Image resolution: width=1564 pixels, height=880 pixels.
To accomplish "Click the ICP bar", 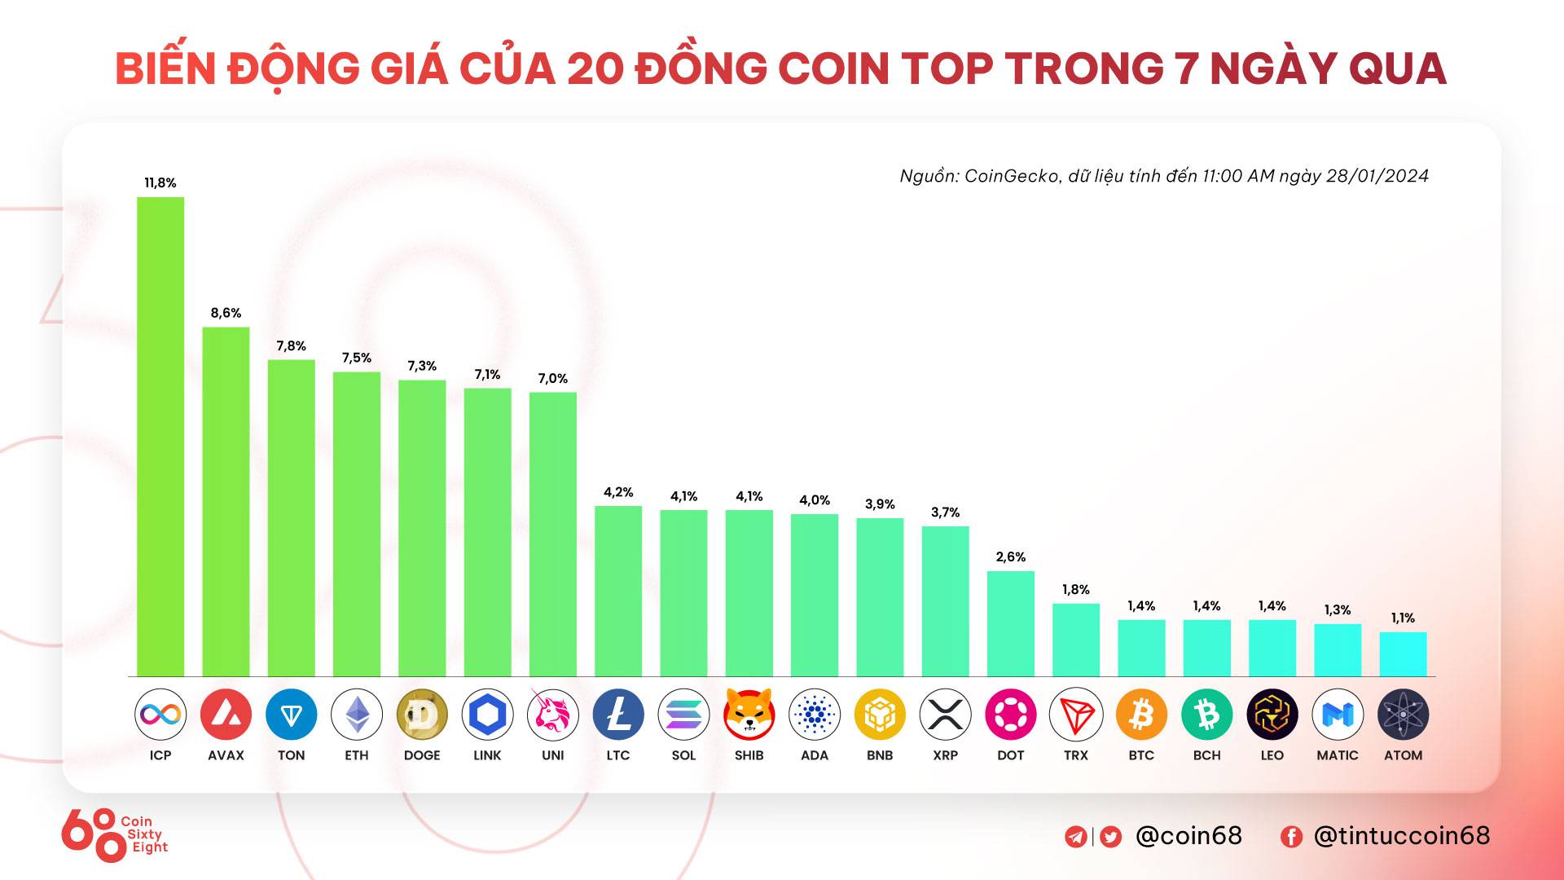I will (160, 436).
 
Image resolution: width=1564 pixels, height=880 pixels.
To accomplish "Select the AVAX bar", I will (226, 501).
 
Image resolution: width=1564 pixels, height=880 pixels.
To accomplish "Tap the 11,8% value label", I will (160, 183).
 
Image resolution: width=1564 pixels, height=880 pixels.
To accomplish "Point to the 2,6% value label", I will (1010, 557).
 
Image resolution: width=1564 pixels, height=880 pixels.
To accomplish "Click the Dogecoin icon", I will (422, 715).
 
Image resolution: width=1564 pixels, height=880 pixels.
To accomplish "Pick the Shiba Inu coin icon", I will (749, 715).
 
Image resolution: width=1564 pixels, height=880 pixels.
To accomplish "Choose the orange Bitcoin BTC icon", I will (1141, 715).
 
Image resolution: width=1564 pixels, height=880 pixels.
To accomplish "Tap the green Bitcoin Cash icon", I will (1206, 715).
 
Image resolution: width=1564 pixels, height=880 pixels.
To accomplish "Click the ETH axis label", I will (357, 755).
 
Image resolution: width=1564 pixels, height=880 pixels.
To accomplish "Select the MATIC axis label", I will (1338, 755).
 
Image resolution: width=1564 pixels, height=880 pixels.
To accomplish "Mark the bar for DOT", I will (1010, 623).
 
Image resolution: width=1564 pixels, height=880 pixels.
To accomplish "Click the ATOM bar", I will (1403, 653).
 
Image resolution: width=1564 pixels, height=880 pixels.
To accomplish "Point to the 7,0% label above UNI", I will (552, 378).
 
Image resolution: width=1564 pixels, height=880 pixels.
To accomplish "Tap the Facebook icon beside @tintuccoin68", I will (1291, 837).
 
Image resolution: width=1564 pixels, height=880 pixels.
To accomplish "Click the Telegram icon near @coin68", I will (1076, 837).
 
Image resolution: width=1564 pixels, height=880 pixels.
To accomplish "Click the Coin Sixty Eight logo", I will (114, 834).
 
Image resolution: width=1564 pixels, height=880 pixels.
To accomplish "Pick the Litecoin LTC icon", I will (618, 715).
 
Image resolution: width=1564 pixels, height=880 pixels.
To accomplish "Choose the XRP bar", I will (945, 601).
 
